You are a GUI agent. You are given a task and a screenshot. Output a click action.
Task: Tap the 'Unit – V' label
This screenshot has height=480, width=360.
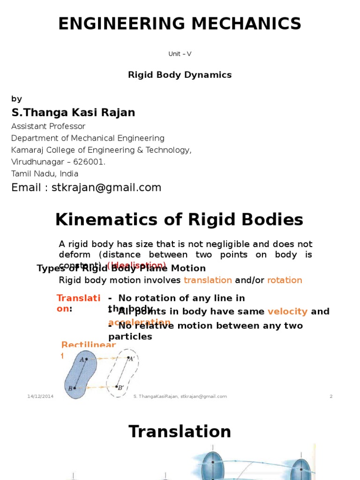click(x=180, y=54)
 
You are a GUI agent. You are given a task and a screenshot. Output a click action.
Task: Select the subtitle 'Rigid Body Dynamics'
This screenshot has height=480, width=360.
click(x=180, y=75)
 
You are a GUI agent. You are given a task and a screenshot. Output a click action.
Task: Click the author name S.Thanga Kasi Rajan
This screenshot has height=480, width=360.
click(x=73, y=112)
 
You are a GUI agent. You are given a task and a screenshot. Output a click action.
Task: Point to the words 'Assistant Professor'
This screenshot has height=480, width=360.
click(x=48, y=126)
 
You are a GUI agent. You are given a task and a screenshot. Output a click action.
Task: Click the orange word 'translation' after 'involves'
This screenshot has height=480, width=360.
click(x=208, y=280)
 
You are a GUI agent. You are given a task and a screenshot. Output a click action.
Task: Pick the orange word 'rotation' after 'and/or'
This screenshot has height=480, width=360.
click(x=285, y=280)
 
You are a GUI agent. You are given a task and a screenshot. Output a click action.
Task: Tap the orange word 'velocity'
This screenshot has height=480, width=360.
click(x=287, y=312)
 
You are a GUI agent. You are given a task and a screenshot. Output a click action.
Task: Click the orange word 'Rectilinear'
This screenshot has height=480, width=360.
click(x=89, y=345)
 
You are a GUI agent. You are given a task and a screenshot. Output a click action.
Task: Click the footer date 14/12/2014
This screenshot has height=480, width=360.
click(x=40, y=397)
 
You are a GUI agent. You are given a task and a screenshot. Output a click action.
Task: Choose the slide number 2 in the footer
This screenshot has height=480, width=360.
click(x=331, y=397)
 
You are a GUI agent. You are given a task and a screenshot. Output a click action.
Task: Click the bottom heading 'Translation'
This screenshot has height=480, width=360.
click(x=180, y=431)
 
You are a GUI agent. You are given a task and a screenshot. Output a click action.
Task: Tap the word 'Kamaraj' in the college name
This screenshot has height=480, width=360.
click(x=26, y=150)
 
